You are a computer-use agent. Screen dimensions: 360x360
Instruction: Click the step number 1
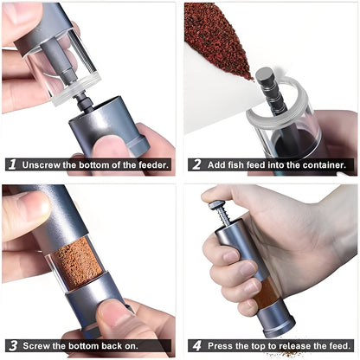coord(12,164)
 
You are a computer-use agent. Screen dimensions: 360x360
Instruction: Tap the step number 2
coord(196,164)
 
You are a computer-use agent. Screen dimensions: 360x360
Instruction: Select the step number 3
coord(12,344)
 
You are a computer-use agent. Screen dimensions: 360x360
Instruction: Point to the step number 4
coord(196,344)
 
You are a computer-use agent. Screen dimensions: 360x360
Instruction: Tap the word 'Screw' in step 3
coord(39,344)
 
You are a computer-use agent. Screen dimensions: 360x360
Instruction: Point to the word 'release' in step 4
coord(295,344)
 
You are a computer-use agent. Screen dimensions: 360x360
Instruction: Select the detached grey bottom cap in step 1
coord(108,125)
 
